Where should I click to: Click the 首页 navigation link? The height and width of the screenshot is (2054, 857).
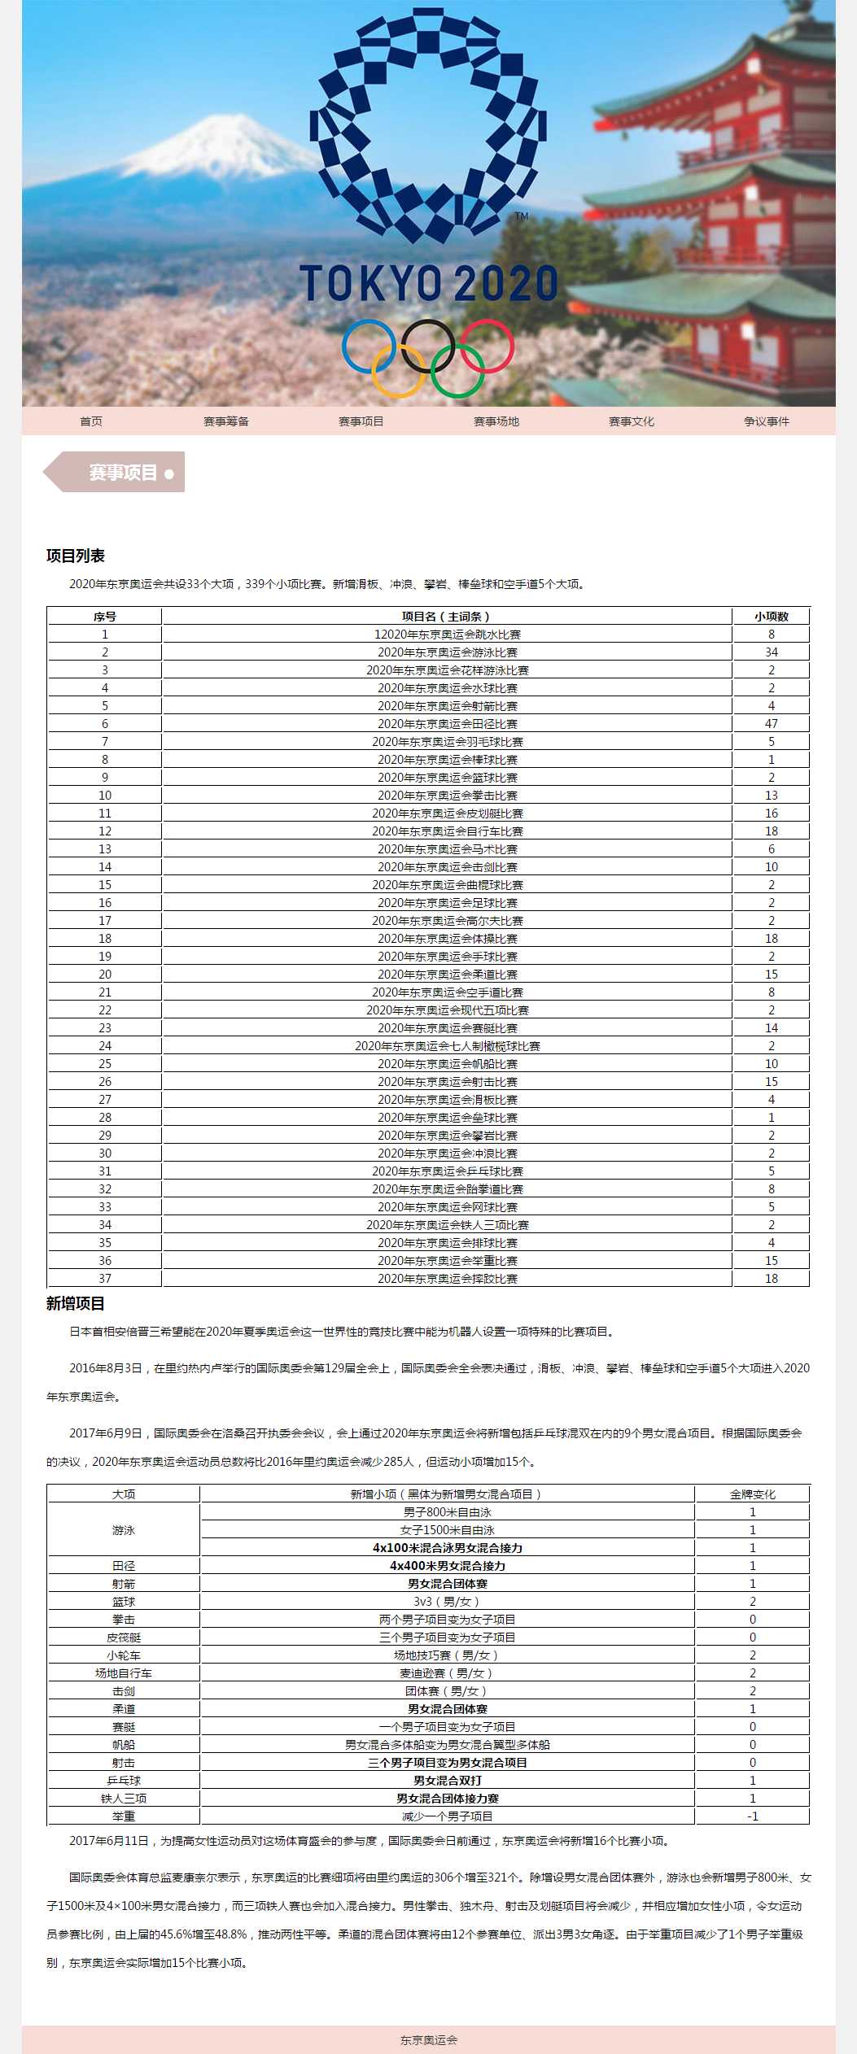[91, 421]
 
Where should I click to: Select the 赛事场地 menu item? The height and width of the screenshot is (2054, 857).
[496, 421]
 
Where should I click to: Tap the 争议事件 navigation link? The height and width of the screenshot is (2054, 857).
[767, 421]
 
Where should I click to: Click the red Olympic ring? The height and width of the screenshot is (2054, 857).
[488, 346]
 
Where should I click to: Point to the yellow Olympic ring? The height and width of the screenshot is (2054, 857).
[398, 371]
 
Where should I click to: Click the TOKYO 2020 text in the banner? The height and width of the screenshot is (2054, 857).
[429, 283]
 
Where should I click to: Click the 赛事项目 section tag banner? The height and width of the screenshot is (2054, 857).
[122, 473]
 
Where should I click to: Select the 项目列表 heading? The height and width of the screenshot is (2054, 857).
[76, 556]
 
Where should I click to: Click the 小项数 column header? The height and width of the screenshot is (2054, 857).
[771, 617]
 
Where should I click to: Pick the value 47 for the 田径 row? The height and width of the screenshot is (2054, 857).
[771, 724]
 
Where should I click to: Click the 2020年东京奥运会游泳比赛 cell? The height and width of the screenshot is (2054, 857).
[448, 652]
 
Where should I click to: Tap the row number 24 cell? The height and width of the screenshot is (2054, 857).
[105, 1046]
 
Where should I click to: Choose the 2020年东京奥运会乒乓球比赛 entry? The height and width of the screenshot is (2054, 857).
[448, 1171]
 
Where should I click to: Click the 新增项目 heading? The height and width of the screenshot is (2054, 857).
[76, 1304]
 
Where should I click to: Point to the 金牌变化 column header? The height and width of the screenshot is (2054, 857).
[752, 1494]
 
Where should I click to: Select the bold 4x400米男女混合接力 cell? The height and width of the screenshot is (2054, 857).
[448, 1566]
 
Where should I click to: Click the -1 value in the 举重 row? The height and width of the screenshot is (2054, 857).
[752, 1816]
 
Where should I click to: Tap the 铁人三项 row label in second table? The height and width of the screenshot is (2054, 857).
[124, 1799]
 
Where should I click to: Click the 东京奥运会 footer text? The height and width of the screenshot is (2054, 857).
[429, 2040]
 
